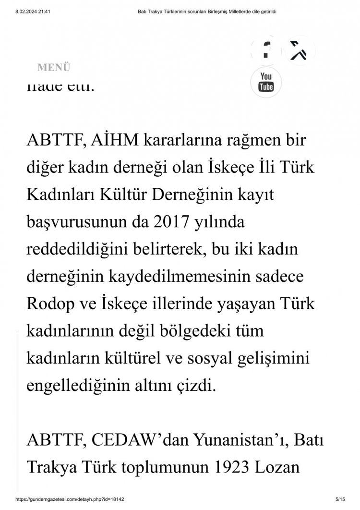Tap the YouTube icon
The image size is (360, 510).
click(x=266, y=82)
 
